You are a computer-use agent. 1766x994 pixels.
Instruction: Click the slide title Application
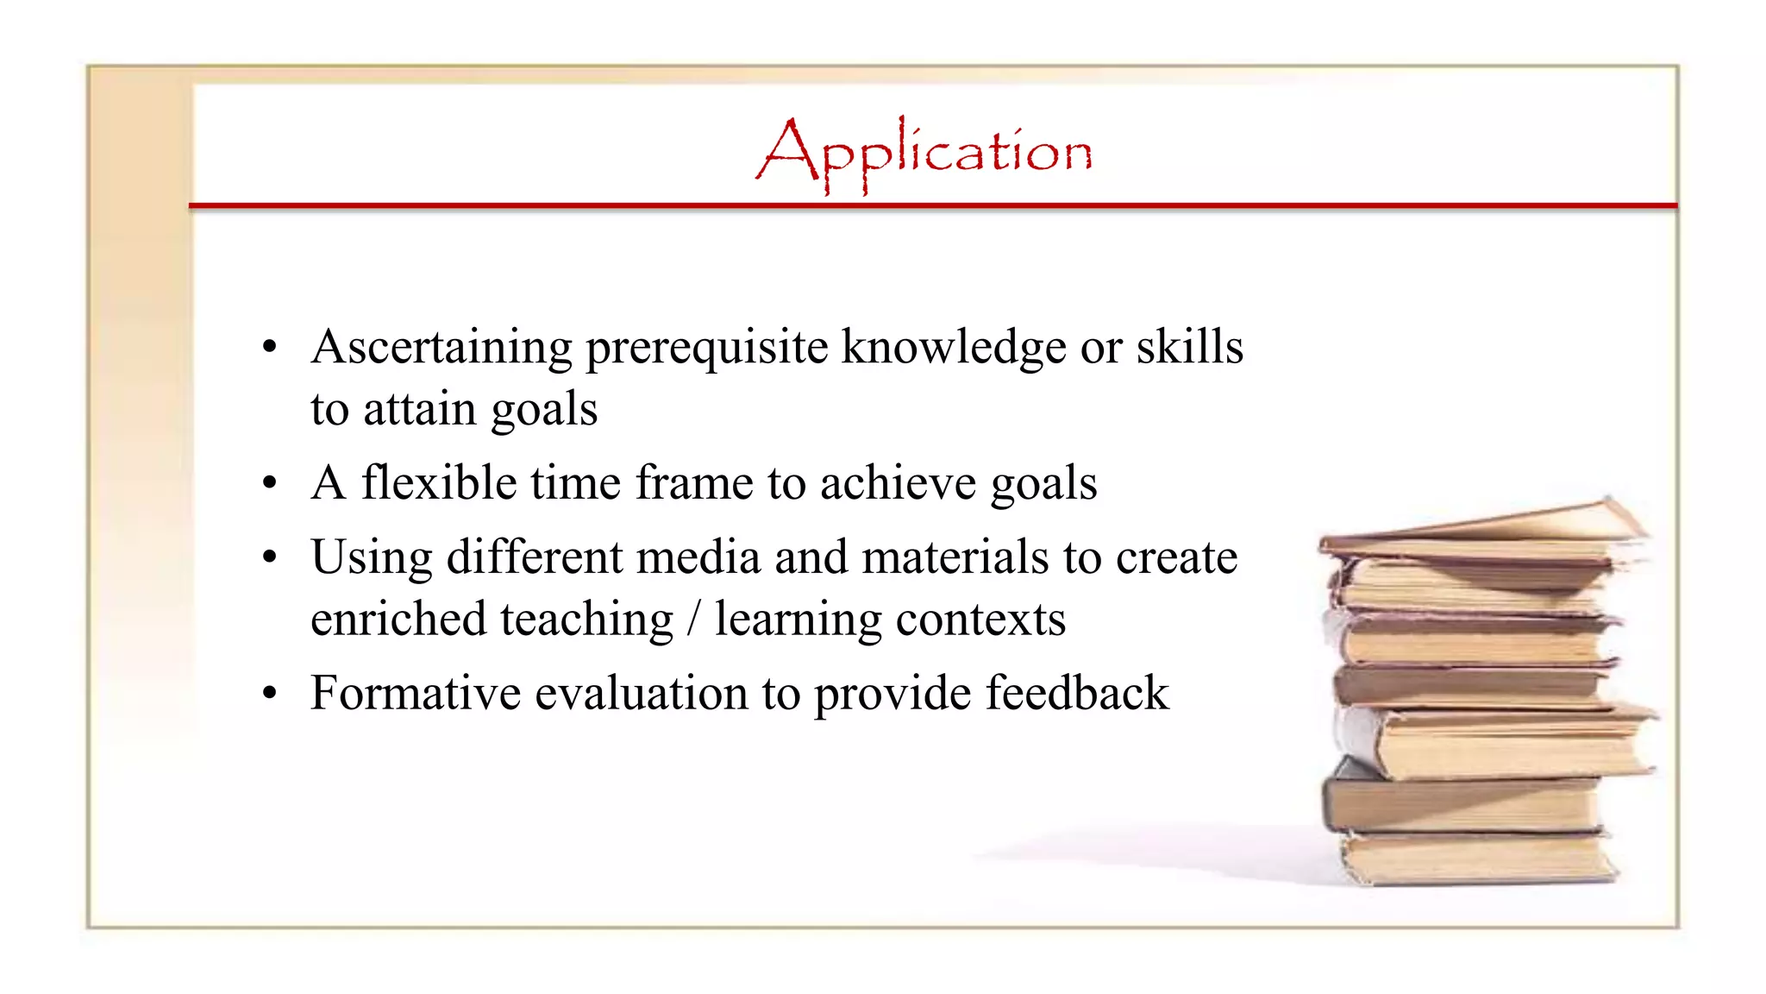(924, 153)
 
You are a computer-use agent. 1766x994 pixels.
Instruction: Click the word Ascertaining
(441, 348)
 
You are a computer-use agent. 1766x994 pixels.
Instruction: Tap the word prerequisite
(706, 348)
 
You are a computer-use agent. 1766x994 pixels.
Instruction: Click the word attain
(419, 409)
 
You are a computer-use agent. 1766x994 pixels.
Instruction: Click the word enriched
(398, 620)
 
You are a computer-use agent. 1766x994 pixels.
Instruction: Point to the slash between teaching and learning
(693, 620)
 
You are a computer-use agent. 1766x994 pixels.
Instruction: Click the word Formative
(415, 693)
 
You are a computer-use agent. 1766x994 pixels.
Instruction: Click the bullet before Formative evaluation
(270, 694)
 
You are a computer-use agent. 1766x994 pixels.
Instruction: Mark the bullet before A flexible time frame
(270, 483)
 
